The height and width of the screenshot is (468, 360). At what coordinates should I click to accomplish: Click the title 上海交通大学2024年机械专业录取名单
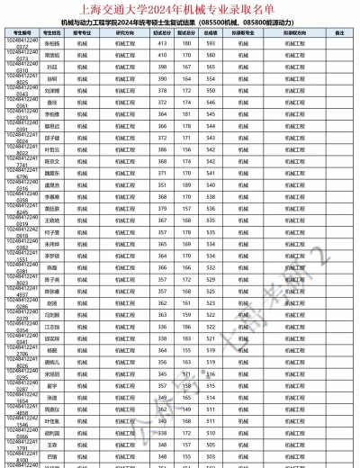[x=180, y=8]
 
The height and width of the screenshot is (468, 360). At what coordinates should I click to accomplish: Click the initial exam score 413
[x=163, y=43]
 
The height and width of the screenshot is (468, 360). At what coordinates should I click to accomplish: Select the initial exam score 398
[x=163, y=67]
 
